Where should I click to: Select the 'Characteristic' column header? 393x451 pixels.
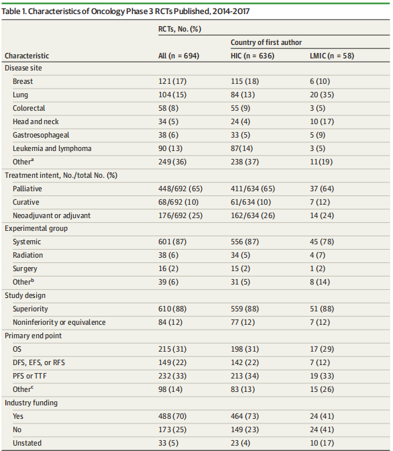[27, 56]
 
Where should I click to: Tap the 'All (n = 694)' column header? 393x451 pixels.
[178, 56]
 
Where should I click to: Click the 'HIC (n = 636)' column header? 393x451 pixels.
[252, 56]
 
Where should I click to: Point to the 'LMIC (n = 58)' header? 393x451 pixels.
[332, 56]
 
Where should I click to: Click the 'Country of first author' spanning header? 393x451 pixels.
[266, 42]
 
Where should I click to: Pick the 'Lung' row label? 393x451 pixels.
[20, 95]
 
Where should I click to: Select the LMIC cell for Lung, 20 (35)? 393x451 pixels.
[322, 95]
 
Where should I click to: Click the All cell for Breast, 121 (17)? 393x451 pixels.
[172, 81]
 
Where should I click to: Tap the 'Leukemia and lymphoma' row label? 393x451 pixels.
[52, 148]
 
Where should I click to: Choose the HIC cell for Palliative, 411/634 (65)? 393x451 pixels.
[253, 189]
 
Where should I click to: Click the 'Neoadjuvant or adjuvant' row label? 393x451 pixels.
[52, 215]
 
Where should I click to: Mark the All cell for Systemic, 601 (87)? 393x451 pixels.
[172, 242]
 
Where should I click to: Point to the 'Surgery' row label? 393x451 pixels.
[25, 268]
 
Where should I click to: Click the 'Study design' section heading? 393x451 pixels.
[25, 295]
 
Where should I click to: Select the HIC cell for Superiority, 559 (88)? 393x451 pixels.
[245, 309]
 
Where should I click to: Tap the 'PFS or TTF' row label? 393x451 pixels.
[30, 376]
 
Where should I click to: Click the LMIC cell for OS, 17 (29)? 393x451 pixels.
[322, 349]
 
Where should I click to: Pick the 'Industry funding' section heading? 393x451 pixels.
[31, 403]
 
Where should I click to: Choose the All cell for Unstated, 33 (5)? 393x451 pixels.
[168, 443]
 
